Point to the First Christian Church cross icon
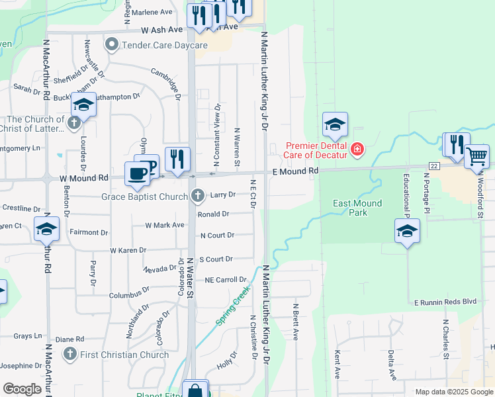coord(69,355)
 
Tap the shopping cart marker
coord(476,157)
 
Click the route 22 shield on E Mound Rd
coord(434,165)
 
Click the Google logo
coord(22,389)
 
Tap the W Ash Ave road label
coord(161,30)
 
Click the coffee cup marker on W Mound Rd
coord(138,173)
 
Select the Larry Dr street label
coord(223,195)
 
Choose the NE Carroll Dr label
coord(226,280)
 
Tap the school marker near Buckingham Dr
coord(84,105)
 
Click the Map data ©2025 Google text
coord(453,392)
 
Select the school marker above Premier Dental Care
coord(335,124)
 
